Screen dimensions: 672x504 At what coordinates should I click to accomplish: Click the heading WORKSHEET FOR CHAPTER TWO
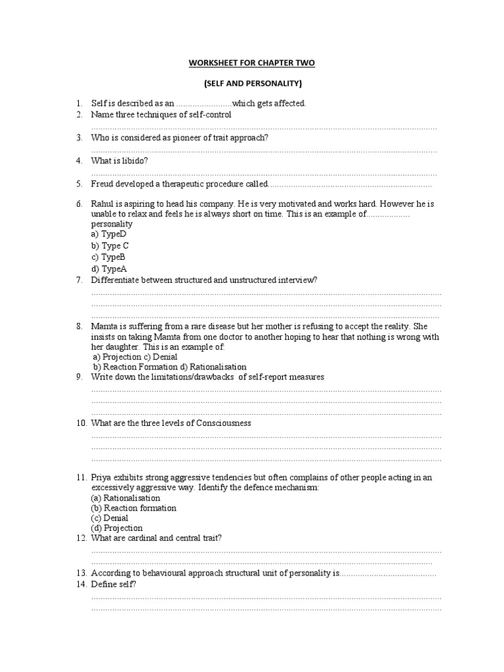[x=252, y=62]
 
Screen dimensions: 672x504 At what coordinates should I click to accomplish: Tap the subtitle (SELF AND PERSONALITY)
[x=252, y=83]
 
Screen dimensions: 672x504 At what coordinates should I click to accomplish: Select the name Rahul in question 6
[x=103, y=204]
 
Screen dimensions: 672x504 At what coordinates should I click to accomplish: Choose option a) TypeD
[x=108, y=234]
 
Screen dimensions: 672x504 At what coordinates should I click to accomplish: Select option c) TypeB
[x=108, y=257]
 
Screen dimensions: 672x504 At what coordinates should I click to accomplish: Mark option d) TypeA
[x=108, y=269]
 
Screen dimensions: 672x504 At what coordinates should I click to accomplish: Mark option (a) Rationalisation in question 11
[x=125, y=498]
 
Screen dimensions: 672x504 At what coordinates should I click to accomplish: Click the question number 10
[x=81, y=423]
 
